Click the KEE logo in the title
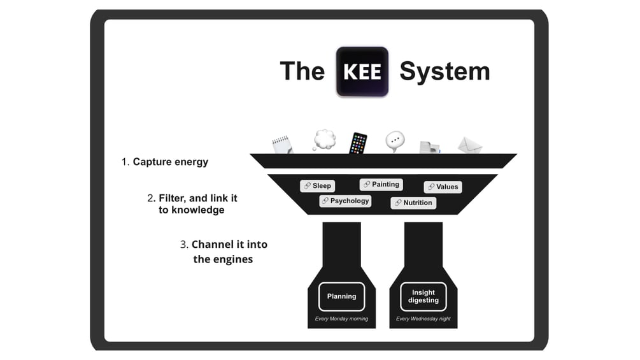pyautogui.click(x=362, y=71)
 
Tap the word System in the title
pyautogui.click(x=444, y=71)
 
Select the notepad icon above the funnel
pyautogui.click(x=281, y=143)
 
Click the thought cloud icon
pyautogui.click(x=324, y=140)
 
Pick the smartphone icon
pyautogui.click(x=358, y=143)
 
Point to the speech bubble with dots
pyautogui.click(x=395, y=141)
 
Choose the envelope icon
pyautogui.click(x=469, y=145)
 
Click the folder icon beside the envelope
pyautogui.click(x=429, y=147)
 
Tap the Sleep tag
pyautogui.click(x=317, y=186)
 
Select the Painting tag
pyautogui.click(x=381, y=185)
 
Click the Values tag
pyautogui.click(x=443, y=187)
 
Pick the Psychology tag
pyautogui.click(x=345, y=201)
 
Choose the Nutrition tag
pyautogui.click(x=413, y=203)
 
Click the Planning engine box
pyautogui.click(x=341, y=296)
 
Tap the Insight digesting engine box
pyautogui.click(x=423, y=296)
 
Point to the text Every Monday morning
pyautogui.click(x=341, y=319)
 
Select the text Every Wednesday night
pyautogui.click(x=423, y=319)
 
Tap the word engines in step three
pyautogui.click(x=233, y=259)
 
